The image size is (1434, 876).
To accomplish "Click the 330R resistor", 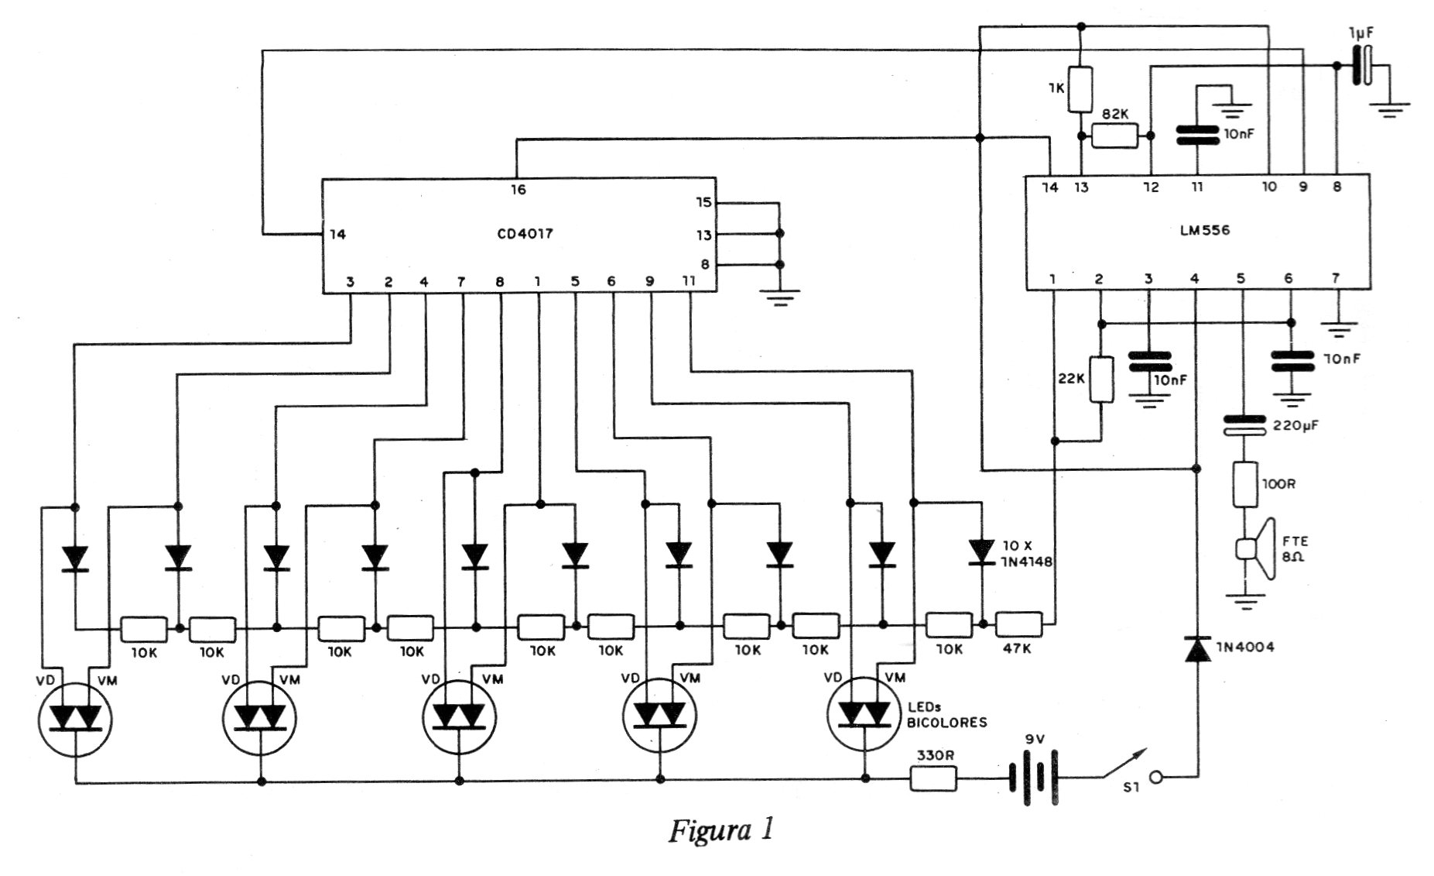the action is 933,779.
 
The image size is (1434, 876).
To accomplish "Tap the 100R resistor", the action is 1244,485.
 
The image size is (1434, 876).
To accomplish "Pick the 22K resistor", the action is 1101,380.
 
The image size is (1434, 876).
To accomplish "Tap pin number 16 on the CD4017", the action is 518,190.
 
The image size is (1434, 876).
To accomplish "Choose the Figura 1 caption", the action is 720,831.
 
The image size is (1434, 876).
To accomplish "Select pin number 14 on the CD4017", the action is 337,234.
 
